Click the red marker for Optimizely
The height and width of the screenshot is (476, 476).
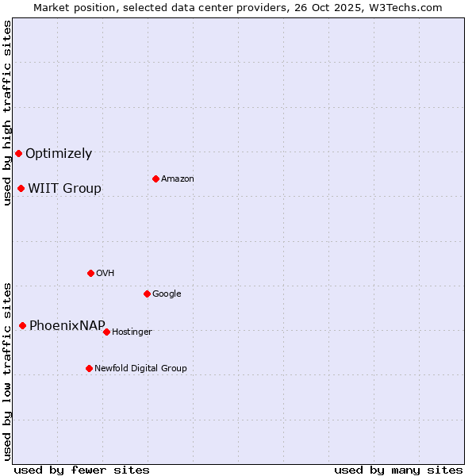click(18, 153)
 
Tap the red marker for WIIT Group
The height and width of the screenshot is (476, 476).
click(21, 188)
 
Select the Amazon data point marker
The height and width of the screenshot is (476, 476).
click(155, 178)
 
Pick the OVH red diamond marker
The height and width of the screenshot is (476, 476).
click(90, 273)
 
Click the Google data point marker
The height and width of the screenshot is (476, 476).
click(147, 294)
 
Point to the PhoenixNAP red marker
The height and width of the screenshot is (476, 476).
click(22, 325)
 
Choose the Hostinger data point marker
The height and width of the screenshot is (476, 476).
click(106, 332)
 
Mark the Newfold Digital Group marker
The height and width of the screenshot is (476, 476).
click(89, 368)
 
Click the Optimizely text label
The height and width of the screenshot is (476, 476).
click(59, 154)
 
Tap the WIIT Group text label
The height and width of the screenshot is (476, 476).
click(64, 189)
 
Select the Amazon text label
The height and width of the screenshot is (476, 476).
click(178, 179)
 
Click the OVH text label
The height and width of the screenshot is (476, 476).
click(106, 274)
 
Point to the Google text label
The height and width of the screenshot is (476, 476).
click(167, 294)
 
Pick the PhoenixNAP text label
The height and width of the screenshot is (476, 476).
click(67, 326)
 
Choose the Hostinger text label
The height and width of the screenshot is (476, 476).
click(132, 332)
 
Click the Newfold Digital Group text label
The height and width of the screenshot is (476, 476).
click(140, 369)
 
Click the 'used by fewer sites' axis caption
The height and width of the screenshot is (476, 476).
click(82, 470)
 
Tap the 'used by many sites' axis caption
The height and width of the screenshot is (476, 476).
click(398, 470)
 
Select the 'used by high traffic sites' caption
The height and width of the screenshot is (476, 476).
click(8, 113)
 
